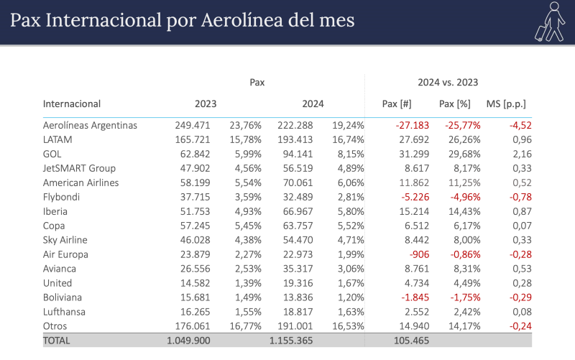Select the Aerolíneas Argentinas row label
click(90, 125)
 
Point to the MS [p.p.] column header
click(509, 103)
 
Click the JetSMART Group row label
click(80, 168)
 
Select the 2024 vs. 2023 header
click(448, 83)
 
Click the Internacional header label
click(72, 103)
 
